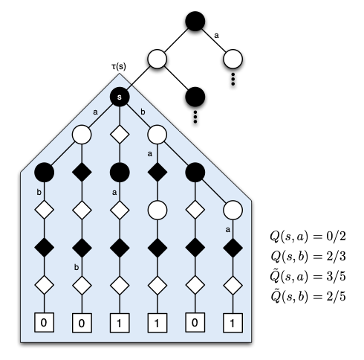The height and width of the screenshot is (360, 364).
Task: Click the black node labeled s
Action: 119,96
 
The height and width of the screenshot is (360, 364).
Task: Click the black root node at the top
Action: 195,19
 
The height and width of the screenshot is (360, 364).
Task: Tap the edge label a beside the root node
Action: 216,34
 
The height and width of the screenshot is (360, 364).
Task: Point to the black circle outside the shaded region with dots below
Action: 195,96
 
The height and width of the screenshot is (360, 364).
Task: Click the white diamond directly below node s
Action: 119,135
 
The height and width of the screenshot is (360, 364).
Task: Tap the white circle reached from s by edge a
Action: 81,135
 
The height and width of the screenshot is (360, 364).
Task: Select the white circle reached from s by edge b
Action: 157,135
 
